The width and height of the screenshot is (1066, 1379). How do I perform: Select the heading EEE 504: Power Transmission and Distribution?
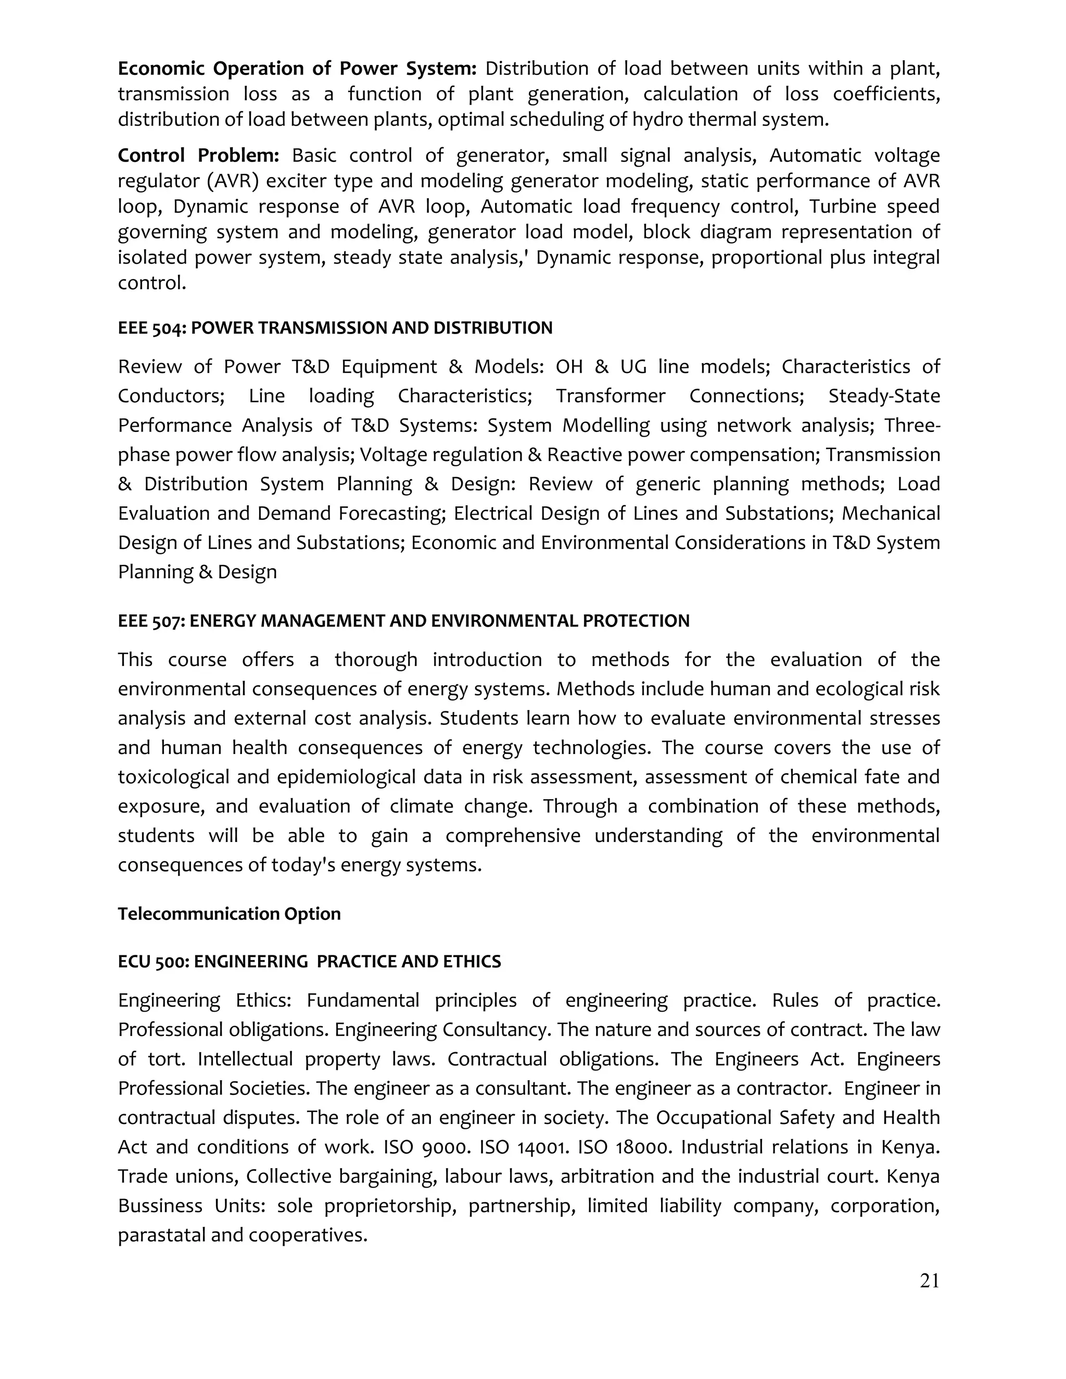[x=335, y=328]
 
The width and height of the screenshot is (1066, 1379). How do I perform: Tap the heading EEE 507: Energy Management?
[x=403, y=621]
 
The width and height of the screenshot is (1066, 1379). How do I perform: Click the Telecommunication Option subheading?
[x=229, y=914]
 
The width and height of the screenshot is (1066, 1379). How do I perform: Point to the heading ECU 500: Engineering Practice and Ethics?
[x=310, y=962]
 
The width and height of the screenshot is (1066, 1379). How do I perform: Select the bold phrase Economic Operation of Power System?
[x=297, y=68]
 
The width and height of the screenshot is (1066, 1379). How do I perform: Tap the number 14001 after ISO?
[x=542, y=1146]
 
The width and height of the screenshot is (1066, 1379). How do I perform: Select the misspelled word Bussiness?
[x=160, y=1205]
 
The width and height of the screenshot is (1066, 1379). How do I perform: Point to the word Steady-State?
[x=884, y=396]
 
